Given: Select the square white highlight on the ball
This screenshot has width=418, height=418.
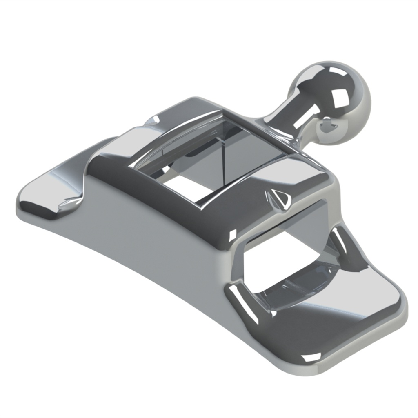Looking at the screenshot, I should pos(338,98).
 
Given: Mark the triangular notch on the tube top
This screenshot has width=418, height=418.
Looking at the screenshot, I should pos(279,199).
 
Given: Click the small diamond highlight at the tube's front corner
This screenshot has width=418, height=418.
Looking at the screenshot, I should pos(233,234).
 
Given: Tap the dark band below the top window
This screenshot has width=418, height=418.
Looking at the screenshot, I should pos(171,204).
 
